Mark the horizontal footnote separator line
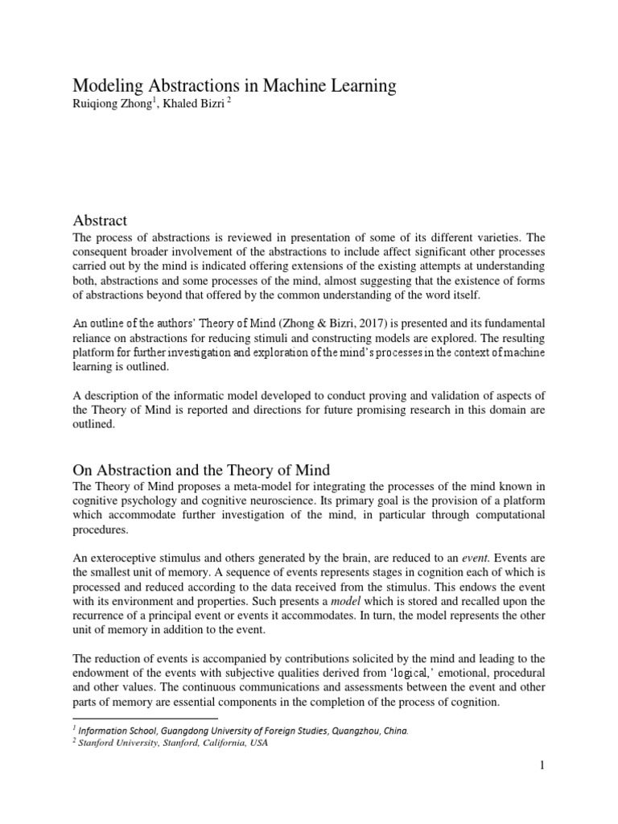pos(146,719)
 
